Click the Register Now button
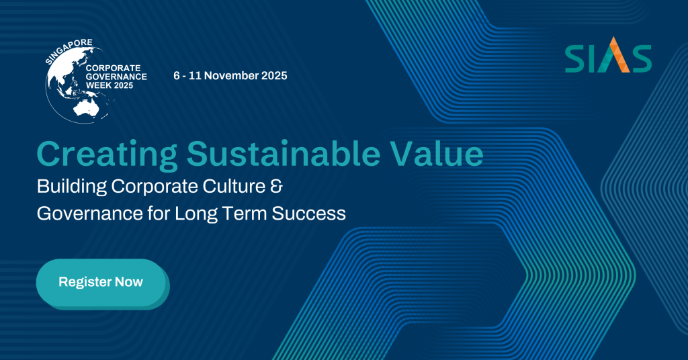click(x=101, y=282)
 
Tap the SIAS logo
click(x=608, y=55)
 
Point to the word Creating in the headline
click(x=107, y=154)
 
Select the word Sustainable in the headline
click(x=284, y=154)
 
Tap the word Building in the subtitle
click(x=72, y=187)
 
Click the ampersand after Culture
click(x=276, y=186)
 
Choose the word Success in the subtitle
click(x=309, y=214)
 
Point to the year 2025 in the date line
click(x=274, y=75)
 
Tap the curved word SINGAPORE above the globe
click(x=69, y=50)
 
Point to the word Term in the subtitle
click(x=245, y=214)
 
